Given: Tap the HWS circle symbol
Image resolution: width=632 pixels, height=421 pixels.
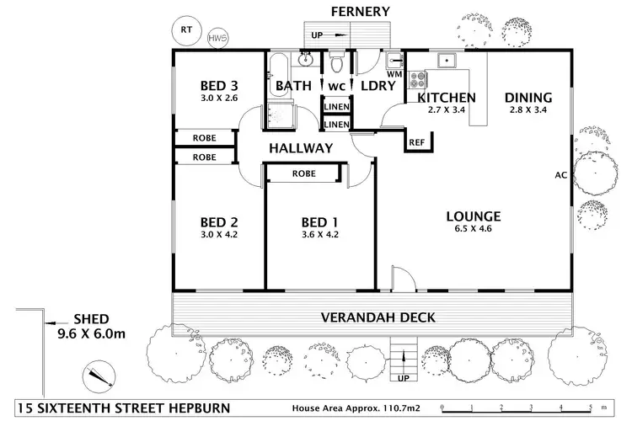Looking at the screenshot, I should (217, 38).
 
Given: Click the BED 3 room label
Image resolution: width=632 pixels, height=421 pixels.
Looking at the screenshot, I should (219, 85).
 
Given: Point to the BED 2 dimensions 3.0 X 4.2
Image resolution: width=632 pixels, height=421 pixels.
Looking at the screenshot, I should (219, 235).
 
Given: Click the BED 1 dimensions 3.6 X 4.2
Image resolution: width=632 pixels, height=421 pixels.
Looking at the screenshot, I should (321, 235).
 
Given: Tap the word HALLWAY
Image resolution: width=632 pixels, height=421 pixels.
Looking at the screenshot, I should (301, 148).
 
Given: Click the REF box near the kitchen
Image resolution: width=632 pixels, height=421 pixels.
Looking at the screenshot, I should (416, 142).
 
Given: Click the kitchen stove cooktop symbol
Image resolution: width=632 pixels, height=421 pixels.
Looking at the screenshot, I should (416, 80).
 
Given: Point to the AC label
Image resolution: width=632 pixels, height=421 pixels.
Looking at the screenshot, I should (560, 176).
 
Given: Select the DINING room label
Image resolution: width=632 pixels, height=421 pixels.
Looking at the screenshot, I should (528, 97).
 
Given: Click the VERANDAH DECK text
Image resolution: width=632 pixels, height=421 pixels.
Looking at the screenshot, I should (378, 317).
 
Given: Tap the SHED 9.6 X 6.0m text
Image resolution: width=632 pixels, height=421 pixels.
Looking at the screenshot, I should (90, 327).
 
